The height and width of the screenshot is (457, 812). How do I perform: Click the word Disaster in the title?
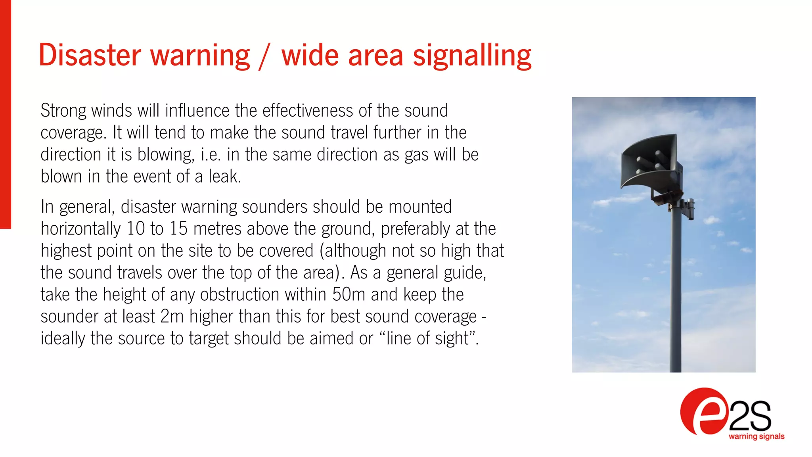click(90, 55)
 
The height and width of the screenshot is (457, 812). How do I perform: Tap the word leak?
click(224, 177)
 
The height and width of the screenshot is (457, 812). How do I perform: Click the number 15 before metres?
click(178, 229)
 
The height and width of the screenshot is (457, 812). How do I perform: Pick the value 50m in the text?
click(349, 295)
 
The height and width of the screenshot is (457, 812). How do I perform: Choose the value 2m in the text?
click(172, 317)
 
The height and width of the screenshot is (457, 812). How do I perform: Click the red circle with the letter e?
click(704, 412)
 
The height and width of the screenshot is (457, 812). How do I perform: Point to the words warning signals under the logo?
click(756, 436)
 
